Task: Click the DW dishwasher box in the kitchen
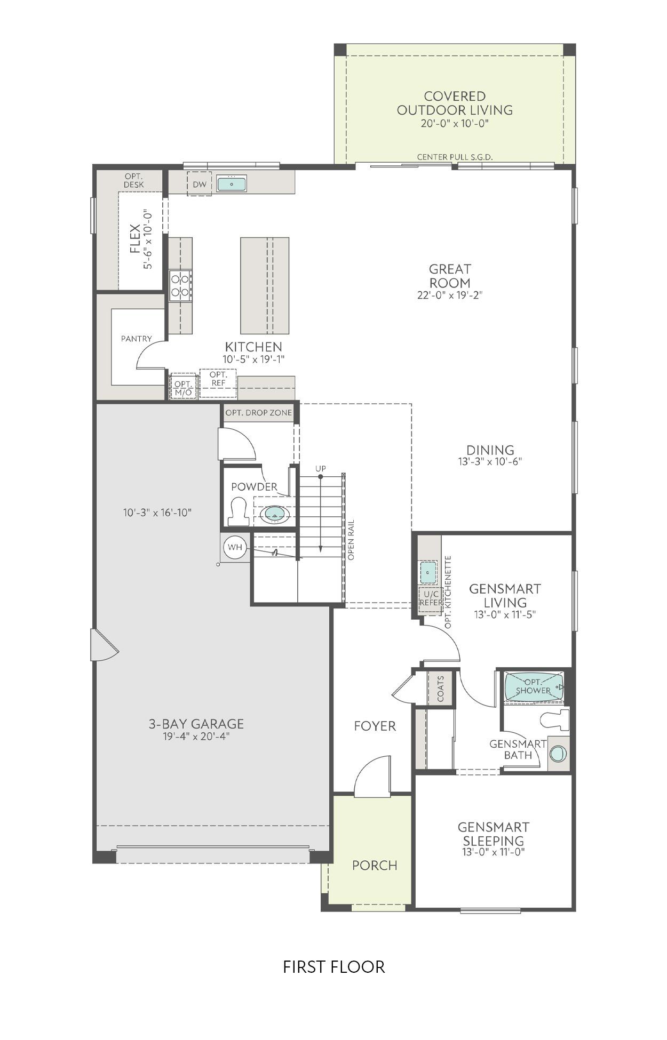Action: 199,185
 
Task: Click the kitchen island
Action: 265,285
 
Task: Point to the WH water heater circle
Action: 235,547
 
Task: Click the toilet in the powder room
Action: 239,511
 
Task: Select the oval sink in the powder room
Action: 275,514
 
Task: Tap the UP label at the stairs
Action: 320,468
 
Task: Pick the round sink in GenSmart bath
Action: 558,754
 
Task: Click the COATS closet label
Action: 441,689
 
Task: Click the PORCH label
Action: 375,865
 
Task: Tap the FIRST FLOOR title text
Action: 333,967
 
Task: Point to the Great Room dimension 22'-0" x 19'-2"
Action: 450,295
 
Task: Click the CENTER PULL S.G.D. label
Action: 455,157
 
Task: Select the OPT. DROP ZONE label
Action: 259,413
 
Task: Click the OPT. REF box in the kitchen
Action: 218,379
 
